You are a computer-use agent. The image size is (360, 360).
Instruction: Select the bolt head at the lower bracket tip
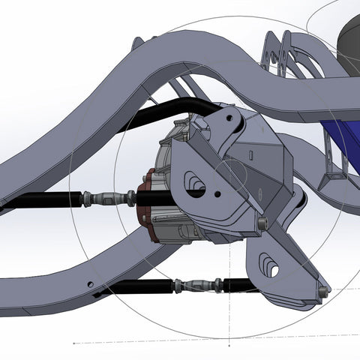[322, 289]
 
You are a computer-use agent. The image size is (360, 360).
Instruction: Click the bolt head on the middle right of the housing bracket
[262, 223]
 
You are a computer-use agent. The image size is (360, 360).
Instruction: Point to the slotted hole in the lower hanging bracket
[270, 267]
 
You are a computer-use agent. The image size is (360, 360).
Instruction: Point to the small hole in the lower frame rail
[91, 284]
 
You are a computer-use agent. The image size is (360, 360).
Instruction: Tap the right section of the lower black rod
[236, 284]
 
